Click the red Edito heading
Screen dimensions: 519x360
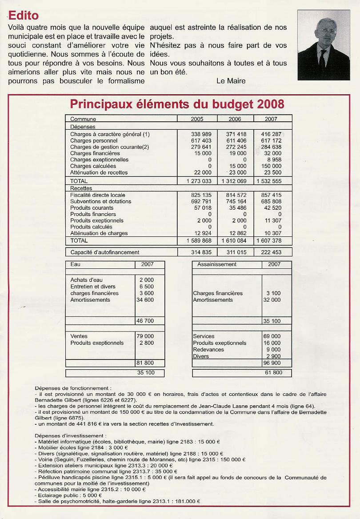(24, 16)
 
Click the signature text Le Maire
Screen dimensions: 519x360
(231, 80)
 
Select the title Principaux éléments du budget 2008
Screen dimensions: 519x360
(177, 104)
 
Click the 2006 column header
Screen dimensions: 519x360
(235, 119)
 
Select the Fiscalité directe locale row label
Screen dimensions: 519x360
(98, 195)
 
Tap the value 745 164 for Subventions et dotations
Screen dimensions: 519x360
(236, 201)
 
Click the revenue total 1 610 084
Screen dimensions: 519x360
(236, 240)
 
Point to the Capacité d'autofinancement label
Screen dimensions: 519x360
(105, 252)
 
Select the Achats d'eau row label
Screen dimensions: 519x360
(84, 280)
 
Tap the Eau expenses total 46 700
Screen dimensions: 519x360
(146, 321)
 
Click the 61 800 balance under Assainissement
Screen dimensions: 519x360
(273, 372)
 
